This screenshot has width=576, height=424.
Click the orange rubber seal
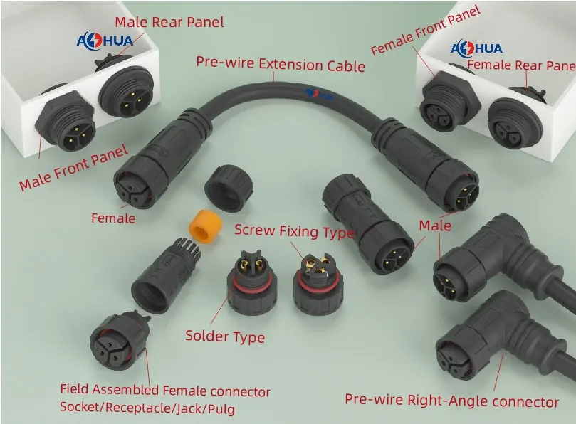pyautogui.click(x=205, y=226)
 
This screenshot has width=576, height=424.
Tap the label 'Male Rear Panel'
pyautogui.click(x=169, y=22)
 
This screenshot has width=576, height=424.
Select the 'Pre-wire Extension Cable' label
pyautogui.click(x=281, y=64)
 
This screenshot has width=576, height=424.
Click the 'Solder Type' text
pyautogui.click(x=225, y=336)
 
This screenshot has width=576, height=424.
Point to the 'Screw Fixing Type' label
pyautogui.click(x=295, y=231)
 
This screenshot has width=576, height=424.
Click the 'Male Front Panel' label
pyautogui.click(x=74, y=167)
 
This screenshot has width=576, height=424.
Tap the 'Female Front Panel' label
pyautogui.click(x=426, y=30)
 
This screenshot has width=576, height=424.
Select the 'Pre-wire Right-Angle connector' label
pyautogui.click(x=452, y=401)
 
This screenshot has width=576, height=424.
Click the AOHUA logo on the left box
pyautogui.click(x=105, y=41)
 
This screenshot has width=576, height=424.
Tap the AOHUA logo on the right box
pyautogui.click(x=476, y=48)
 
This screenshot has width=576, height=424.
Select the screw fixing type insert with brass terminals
pyautogui.click(x=318, y=285)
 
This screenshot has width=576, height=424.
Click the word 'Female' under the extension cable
pyautogui.click(x=113, y=218)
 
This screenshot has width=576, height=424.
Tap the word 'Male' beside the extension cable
pyautogui.click(x=435, y=226)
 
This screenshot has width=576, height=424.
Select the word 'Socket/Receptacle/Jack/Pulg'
pyautogui.click(x=147, y=408)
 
